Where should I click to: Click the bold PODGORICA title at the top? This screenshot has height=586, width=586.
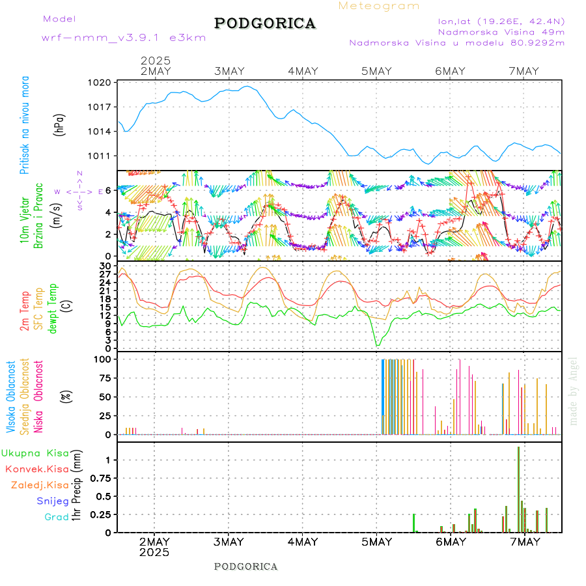tap(265, 23)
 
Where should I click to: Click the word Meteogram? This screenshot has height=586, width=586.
tap(379, 6)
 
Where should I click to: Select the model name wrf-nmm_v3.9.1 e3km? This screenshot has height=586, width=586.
tap(124, 38)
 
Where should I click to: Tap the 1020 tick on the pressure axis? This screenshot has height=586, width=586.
tap(101, 83)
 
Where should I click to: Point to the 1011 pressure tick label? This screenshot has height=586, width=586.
tap(101, 156)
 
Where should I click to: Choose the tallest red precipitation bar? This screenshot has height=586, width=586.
tap(518, 488)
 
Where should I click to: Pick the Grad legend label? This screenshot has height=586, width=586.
tap(56, 517)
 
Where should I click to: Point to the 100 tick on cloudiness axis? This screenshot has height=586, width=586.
tap(104, 359)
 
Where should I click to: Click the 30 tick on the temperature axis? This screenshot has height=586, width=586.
tap(105, 266)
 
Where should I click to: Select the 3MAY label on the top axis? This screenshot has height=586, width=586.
tap(229, 71)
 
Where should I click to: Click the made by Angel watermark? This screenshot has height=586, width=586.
tap(574, 391)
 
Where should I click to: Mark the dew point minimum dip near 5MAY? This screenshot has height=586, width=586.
tap(377, 344)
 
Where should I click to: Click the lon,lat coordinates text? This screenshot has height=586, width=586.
tap(501, 21)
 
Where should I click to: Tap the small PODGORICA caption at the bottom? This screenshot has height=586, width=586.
tap(245, 566)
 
